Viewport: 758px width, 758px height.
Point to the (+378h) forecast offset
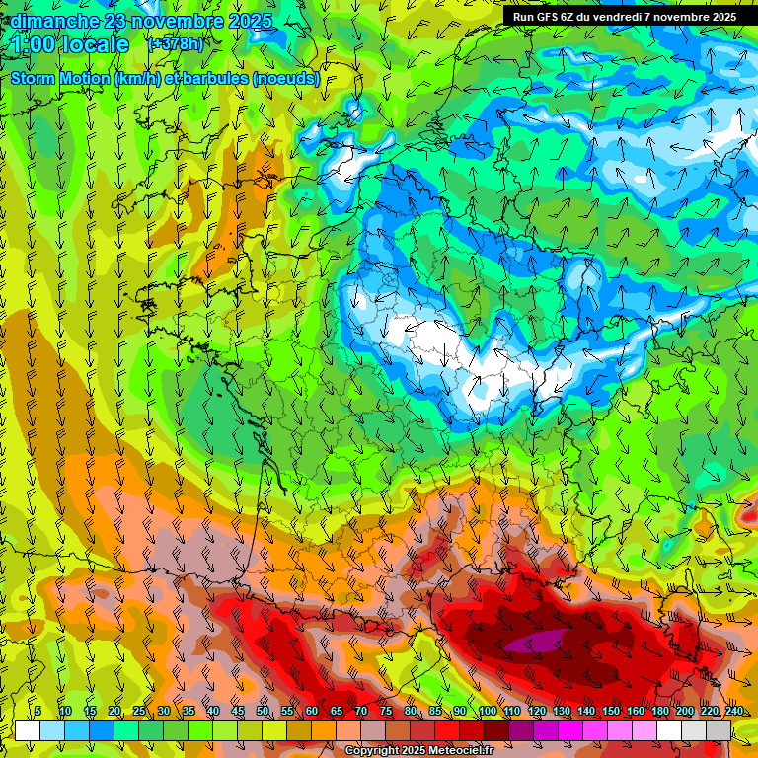point(177,43)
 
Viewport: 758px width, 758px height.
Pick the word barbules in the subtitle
point(213,79)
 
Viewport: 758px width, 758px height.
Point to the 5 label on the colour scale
point(38,712)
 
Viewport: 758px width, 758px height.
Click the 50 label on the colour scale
point(262,712)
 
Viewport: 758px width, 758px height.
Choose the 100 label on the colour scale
point(487,712)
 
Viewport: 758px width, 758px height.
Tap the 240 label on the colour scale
point(733,712)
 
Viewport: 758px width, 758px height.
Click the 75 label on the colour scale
point(385,712)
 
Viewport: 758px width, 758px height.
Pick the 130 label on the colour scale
point(561,712)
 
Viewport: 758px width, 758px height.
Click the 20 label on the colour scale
point(114,712)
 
